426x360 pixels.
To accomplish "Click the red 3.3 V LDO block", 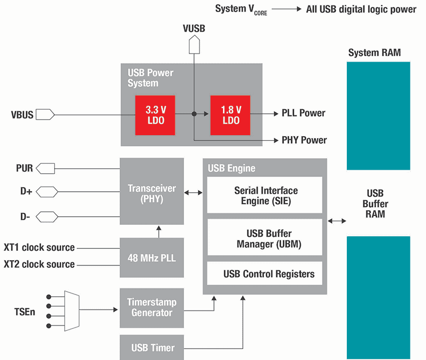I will (x=155, y=115).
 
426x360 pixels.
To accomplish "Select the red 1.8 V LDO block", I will (x=231, y=115).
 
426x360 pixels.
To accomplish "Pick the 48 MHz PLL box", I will (x=152, y=258).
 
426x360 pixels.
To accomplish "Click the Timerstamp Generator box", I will (x=152, y=307).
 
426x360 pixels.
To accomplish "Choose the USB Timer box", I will (x=152, y=347).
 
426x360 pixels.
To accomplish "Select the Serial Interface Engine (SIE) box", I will (x=265, y=195).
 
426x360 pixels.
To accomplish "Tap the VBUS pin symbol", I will (x=46, y=115).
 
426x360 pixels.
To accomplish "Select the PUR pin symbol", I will (x=46, y=168).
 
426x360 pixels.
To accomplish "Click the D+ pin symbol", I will (x=46, y=191).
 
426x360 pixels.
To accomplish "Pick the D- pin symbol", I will (x=46, y=216).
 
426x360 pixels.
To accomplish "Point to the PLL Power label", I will (x=303, y=113).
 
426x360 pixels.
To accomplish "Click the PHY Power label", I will (x=304, y=140).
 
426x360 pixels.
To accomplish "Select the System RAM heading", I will (x=374, y=53).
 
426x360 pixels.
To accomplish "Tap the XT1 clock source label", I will (x=39, y=247).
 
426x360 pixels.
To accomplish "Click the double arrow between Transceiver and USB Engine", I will (x=193, y=192).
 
